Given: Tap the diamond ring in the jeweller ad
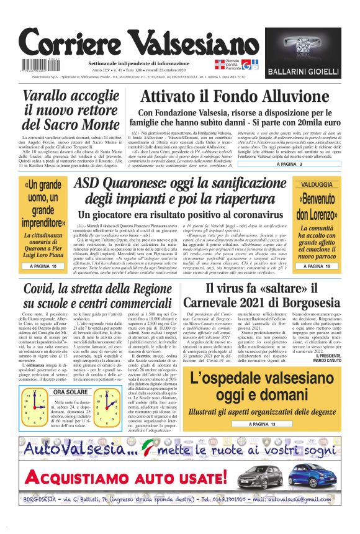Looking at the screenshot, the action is point(304,46).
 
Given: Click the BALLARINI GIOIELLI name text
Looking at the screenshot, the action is point(304,71).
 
